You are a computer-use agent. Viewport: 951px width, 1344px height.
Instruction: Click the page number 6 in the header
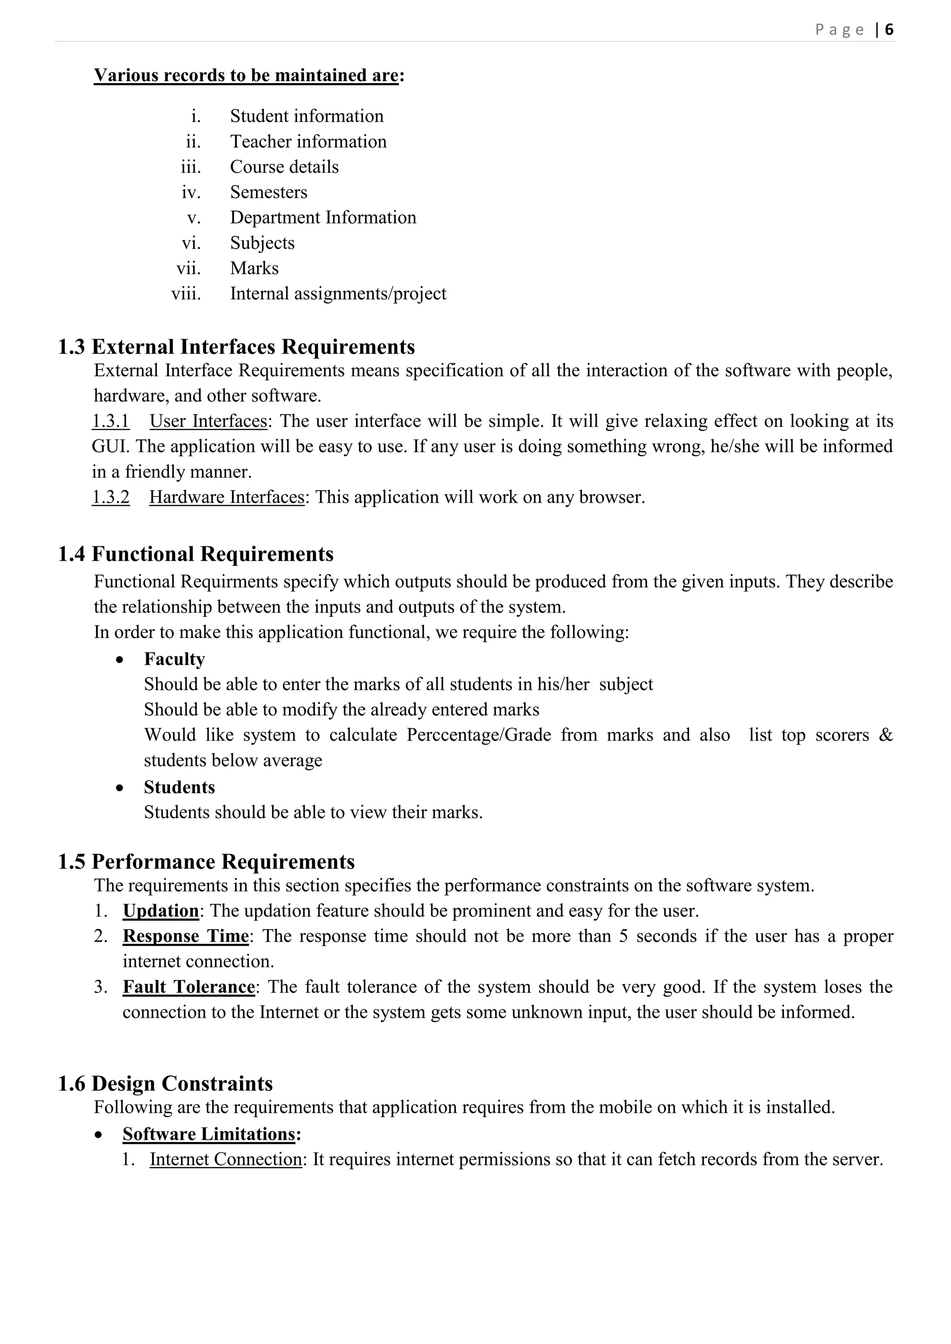pos(889,29)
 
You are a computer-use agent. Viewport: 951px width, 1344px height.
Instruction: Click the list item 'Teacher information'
pos(308,142)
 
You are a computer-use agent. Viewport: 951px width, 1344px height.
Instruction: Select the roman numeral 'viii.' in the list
pos(186,294)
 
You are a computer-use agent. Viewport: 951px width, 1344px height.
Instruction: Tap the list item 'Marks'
pos(254,268)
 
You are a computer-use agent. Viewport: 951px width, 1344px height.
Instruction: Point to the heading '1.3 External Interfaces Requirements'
pos(236,347)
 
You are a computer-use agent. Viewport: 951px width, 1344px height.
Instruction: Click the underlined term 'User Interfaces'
pos(208,421)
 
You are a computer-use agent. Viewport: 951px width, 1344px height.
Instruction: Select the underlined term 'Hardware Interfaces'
pos(227,497)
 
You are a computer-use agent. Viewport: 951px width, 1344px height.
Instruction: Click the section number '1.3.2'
pos(111,497)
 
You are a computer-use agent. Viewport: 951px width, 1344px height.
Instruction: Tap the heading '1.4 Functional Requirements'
pos(195,554)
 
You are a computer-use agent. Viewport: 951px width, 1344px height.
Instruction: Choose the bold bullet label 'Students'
pos(179,787)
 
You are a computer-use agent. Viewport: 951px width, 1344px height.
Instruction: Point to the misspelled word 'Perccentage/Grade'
pos(478,735)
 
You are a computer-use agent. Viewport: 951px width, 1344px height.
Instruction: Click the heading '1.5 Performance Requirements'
pos(206,862)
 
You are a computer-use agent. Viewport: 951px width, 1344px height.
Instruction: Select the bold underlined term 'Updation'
pos(161,911)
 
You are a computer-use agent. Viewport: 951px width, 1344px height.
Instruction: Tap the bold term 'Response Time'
pos(186,936)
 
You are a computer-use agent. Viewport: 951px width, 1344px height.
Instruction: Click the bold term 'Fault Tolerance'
pos(189,987)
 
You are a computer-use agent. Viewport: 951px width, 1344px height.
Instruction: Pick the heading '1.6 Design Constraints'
pos(165,1084)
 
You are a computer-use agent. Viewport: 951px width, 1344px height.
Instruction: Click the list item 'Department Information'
pos(323,218)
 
